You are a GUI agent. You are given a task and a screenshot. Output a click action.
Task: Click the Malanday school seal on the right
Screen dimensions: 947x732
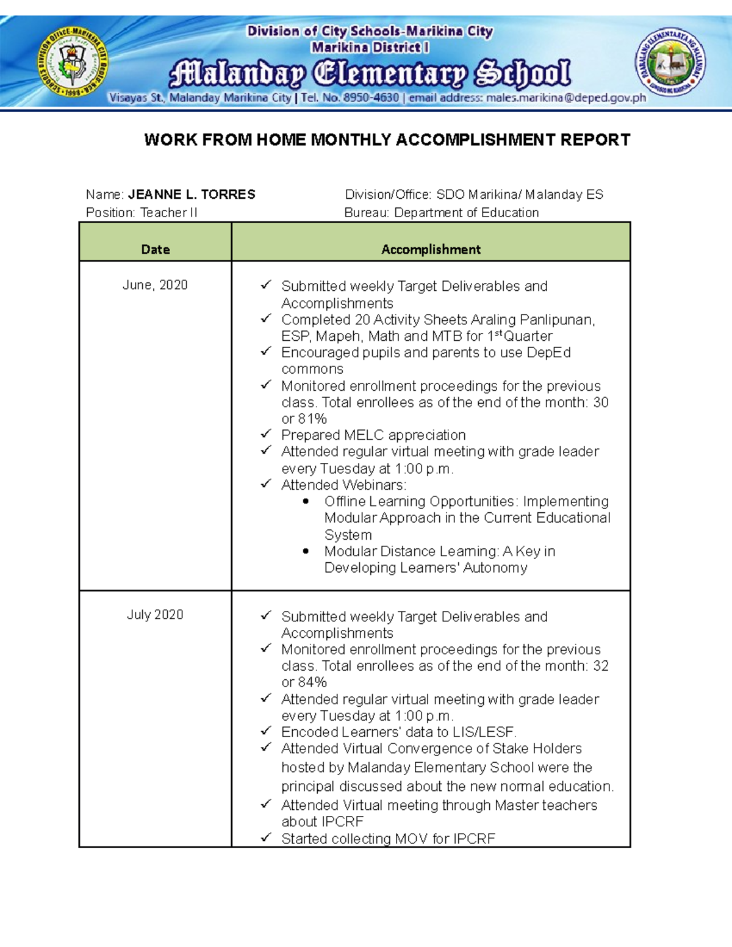point(670,62)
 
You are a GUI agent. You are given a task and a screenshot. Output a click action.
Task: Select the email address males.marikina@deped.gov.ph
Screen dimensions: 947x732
point(565,98)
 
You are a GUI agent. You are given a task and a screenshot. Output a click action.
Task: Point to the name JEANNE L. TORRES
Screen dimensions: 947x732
point(192,195)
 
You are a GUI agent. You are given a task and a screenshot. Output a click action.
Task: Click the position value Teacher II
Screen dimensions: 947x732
point(169,213)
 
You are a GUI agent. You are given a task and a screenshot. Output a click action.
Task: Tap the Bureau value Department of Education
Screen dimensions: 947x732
point(466,213)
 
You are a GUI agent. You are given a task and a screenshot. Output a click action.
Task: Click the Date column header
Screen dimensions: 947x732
point(155,249)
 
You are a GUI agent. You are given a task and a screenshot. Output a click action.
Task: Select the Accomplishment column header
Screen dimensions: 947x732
point(431,249)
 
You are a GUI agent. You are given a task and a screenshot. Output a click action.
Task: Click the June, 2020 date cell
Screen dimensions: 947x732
point(155,285)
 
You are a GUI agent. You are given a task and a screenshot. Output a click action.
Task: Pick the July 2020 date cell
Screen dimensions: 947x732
point(155,615)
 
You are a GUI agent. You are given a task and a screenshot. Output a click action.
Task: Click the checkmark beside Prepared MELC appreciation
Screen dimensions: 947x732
point(265,434)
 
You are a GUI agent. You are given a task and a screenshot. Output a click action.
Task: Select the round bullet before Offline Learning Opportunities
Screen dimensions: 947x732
point(306,501)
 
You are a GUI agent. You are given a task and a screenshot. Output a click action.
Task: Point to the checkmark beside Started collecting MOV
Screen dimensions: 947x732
point(265,838)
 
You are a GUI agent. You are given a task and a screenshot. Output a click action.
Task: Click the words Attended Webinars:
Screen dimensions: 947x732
point(343,485)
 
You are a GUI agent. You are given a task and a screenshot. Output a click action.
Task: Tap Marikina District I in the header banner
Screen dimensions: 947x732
point(370,47)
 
